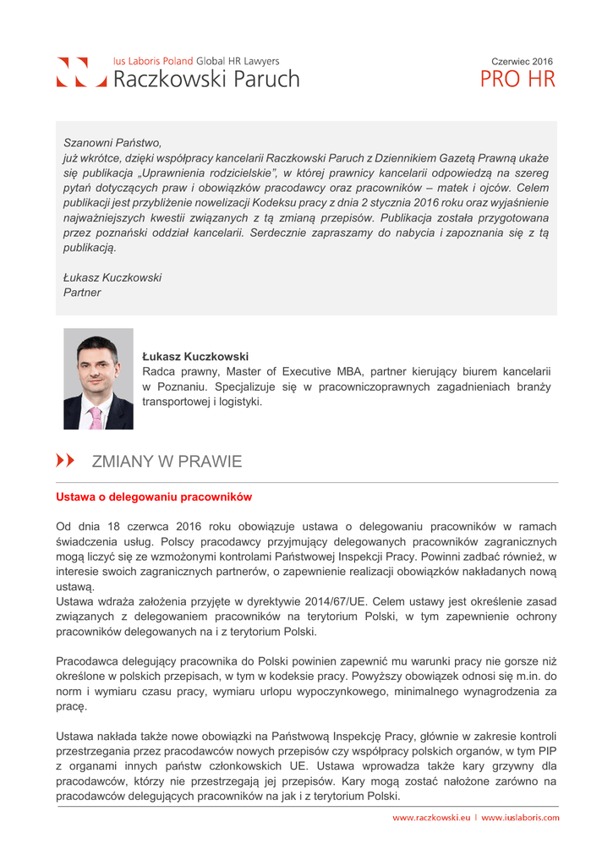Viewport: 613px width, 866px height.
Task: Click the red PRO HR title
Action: (x=517, y=80)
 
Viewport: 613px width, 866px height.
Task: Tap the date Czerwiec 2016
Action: (x=522, y=62)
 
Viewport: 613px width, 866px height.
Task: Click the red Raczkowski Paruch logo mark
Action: (x=81, y=74)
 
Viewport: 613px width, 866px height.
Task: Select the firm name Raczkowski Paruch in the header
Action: (x=206, y=79)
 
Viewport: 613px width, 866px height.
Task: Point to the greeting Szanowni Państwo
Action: (x=112, y=143)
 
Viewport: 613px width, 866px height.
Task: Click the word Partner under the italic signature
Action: (x=82, y=293)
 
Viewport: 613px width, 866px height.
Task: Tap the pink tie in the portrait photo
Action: (x=96, y=415)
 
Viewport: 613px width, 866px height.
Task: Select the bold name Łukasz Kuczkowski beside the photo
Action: (x=195, y=356)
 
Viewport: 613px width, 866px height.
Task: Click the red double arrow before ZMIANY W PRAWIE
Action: (x=65, y=461)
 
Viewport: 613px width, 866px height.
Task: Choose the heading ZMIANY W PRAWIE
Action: (x=167, y=462)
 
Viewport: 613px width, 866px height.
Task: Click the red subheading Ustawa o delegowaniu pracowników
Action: (x=154, y=496)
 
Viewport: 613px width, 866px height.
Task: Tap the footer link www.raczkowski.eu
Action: (x=430, y=818)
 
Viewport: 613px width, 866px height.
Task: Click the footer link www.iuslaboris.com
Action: (x=520, y=818)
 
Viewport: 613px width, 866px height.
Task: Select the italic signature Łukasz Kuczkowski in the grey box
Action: (x=112, y=277)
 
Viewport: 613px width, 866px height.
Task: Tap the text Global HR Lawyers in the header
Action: (x=238, y=62)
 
